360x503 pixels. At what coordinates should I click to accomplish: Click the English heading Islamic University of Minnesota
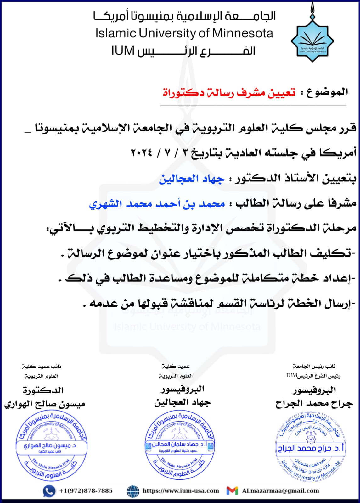tap(184, 33)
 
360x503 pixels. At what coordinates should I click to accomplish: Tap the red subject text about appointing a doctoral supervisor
tap(229, 93)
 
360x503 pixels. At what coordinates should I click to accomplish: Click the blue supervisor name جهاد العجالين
tap(192, 179)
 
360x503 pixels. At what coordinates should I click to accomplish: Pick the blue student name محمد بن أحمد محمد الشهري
tap(157, 204)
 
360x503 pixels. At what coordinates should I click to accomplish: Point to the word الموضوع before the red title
tap(327, 92)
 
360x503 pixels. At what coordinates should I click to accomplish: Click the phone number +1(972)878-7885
tap(86, 491)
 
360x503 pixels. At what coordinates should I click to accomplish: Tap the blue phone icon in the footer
tap(49, 491)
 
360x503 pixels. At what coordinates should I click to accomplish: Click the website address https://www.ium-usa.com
tap(181, 491)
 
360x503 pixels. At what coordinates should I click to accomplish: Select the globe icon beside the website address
tap(133, 491)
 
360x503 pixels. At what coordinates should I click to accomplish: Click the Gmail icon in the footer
tap(232, 491)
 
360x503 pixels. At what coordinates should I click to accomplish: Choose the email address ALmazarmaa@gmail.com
tap(280, 491)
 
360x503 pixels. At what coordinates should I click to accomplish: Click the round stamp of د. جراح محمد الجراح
tap(310, 447)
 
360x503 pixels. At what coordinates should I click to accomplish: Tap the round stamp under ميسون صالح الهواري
tap(51, 446)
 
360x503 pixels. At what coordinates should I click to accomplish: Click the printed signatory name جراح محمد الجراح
tap(314, 404)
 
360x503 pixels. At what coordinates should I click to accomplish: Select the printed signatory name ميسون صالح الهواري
tap(45, 404)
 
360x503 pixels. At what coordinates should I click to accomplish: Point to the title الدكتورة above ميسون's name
tap(43, 390)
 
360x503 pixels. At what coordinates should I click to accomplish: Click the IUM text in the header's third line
tap(123, 51)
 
